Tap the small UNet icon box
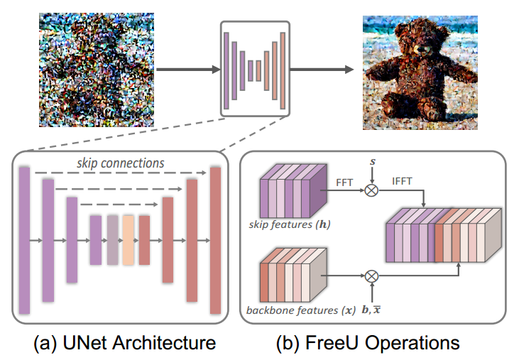click(256, 68)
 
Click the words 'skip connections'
click(120, 163)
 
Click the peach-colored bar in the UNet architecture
click(128, 241)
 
